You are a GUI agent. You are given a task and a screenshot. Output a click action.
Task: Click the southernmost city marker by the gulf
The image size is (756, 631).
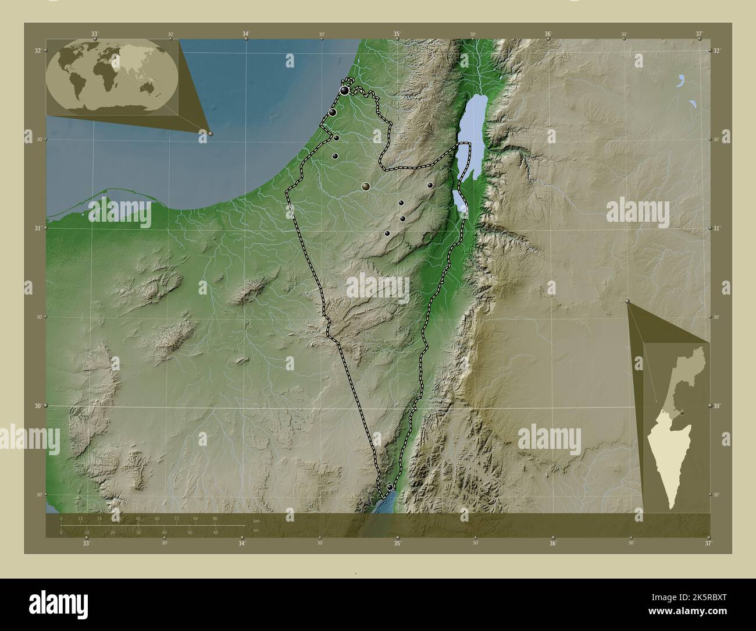(x=390, y=487)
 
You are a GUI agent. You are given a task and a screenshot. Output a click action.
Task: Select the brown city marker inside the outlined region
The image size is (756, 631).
(x=366, y=186)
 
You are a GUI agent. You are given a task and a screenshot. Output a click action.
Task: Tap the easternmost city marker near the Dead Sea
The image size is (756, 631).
(x=430, y=185)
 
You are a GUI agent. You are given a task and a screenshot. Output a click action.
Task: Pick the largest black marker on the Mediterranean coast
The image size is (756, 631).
(x=345, y=91)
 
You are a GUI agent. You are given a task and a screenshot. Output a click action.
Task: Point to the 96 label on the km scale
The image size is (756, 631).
(x=215, y=518)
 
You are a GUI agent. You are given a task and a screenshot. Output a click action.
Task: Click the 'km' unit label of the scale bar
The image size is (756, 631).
(x=256, y=521)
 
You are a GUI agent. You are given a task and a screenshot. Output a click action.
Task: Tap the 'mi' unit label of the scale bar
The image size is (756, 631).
(x=256, y=530)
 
